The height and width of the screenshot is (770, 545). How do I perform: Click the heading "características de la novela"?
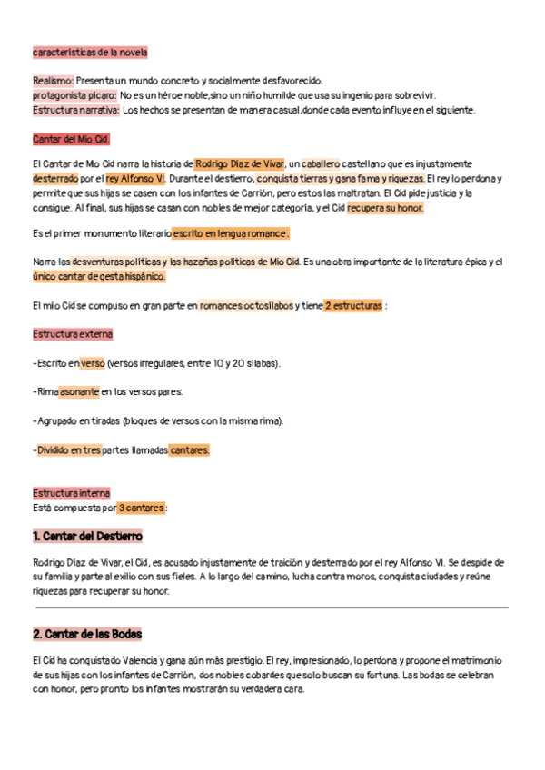tap(90, 53)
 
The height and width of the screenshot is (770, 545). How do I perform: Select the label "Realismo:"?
tap(54, 81)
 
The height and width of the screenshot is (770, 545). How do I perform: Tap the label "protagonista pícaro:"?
tap(74, 95)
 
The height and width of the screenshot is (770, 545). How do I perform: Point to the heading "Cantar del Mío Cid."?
tap(72, 139)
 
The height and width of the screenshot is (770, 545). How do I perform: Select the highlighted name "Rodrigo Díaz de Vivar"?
tap(240, 164)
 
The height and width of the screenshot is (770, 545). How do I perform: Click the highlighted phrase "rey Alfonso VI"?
tap(135, 179)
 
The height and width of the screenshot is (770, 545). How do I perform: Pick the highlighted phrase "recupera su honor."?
tap(385, 208)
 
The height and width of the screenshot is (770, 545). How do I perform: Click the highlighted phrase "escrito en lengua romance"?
tap(231, 233)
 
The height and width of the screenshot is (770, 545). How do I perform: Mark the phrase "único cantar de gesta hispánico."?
tap(99, 277)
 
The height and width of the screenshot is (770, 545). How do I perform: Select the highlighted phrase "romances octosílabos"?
tap(246, 306)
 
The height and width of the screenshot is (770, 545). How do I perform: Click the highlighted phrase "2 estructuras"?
tap(353, 306)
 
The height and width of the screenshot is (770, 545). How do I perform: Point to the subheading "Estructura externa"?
tap(73, 334)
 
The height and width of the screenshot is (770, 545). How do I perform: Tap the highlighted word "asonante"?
tap(79, 392)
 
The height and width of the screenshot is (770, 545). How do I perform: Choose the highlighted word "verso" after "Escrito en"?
tap(93, 363)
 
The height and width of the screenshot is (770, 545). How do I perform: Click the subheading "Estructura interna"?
tap(71, 493)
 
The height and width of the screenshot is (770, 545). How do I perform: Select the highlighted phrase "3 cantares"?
tap(142, 508)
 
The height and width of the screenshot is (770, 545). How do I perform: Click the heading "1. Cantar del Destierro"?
tap(87, 537)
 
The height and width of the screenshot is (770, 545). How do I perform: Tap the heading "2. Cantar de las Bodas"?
tap(86, 634)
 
